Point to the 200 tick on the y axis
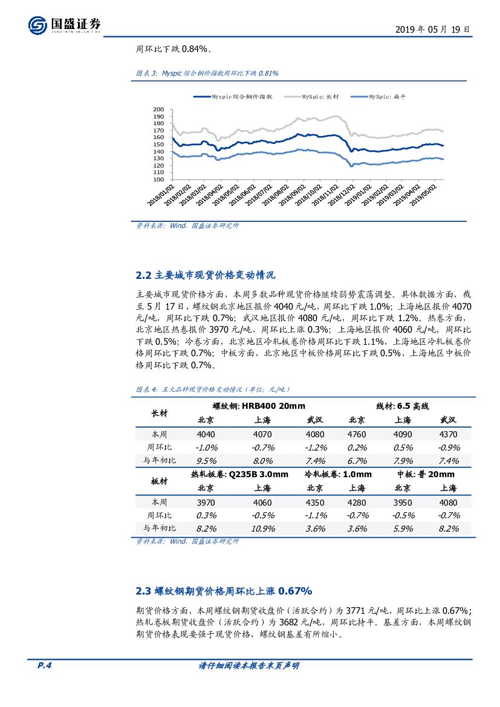(158, 109)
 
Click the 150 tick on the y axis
(158, 145)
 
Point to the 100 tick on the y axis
(158, 179)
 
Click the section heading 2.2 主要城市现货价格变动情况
(206, 275)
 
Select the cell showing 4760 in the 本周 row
(357, 434)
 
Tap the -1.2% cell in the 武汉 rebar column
(315, 448)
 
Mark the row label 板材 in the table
(160, 481)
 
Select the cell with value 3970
(206, 503)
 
